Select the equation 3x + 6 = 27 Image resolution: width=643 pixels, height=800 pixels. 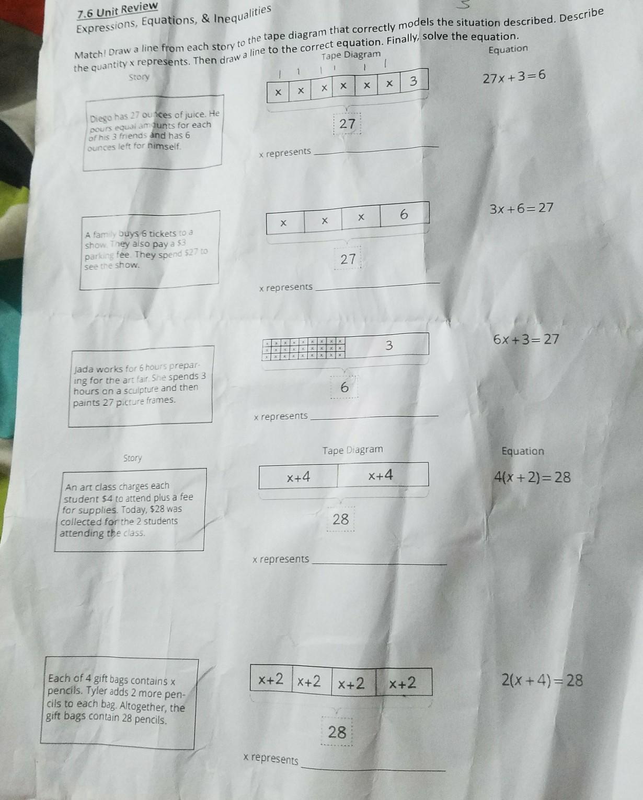coord(521,208)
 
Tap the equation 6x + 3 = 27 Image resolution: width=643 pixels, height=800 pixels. coord(525,339)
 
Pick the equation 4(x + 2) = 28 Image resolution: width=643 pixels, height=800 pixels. coord(532,477)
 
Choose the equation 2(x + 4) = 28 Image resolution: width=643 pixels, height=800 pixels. coord(542,680)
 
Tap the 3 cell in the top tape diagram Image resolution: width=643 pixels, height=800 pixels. coord(414,81)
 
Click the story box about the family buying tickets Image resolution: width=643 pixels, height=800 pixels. coord(149,249)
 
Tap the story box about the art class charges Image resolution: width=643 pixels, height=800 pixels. coord(129,510)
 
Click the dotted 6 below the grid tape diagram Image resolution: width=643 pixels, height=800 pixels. coord(344,387)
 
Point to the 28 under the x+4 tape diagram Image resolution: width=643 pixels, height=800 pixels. coord(340,519)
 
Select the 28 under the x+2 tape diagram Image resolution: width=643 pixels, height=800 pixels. coord(337,732)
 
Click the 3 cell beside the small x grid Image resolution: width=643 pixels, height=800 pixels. coord(388,345)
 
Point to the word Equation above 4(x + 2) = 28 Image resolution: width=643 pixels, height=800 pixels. coord(522,451)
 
